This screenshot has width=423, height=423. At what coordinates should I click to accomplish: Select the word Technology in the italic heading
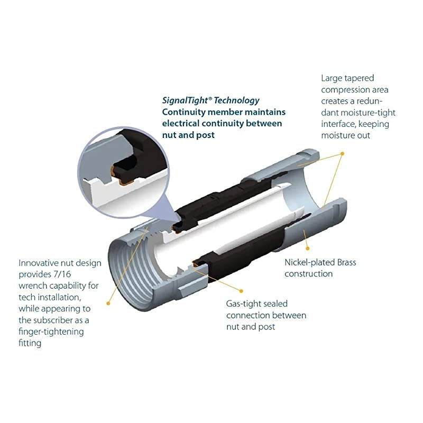coord(236,100)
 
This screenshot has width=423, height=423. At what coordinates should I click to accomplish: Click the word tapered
coord(365,78)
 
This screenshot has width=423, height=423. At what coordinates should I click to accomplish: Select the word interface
coord(339,124)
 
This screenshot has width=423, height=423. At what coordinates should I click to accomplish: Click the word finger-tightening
coord(51,332)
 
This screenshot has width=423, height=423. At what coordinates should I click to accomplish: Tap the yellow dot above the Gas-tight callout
coord(242,290)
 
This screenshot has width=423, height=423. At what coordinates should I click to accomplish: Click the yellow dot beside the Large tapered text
coord(343,153)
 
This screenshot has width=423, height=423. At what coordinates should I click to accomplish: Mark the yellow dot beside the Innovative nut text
coord(108,303)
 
